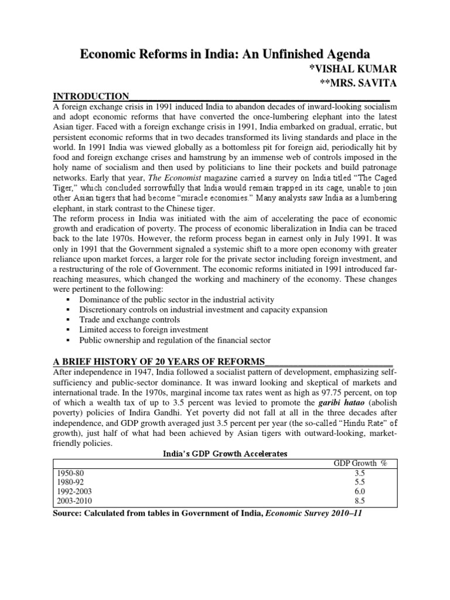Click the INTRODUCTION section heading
(x=91, y=96)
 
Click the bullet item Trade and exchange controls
(x=129, y=319)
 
